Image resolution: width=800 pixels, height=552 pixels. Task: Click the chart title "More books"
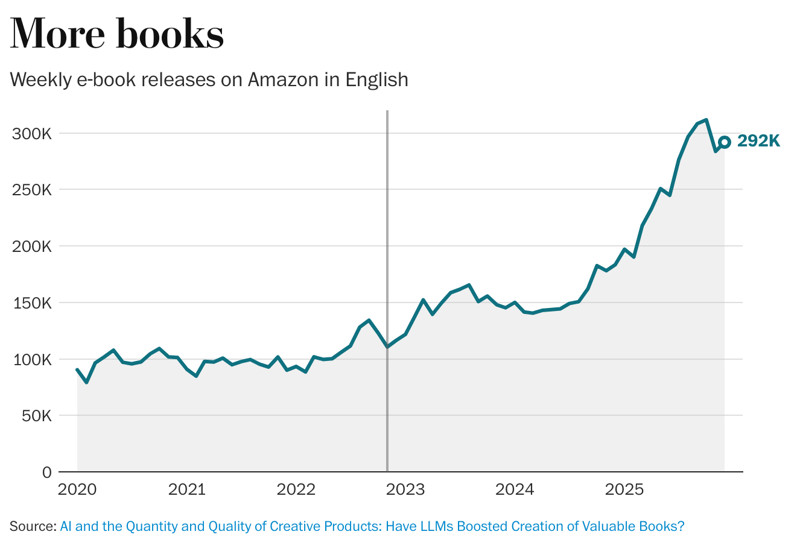tap(117, 33)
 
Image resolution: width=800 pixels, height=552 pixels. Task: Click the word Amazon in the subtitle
tap(283, 80)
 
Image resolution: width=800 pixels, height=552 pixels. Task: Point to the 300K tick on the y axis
tap(32, 134)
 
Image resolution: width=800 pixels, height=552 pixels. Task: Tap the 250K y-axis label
tap(32, 190)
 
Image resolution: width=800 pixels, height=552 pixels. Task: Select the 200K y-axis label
tap(32, 246)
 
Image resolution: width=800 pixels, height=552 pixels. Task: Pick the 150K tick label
tap(33, 303)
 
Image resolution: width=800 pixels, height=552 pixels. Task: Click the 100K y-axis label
tap(33, 360)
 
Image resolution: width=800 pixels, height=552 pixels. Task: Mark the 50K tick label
tap(37, 416)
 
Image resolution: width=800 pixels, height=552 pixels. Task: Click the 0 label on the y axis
tap(47, 472)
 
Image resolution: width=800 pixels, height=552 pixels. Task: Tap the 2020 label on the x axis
tap(77, 489)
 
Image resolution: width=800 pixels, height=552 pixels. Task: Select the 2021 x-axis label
tap(187, 489)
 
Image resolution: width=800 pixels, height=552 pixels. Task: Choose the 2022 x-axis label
tap(296, 489)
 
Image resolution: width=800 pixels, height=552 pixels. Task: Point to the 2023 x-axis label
tap(405, 489)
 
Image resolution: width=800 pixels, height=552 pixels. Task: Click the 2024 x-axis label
tap(515, 489)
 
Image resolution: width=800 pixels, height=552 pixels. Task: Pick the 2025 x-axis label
tap(624, 489)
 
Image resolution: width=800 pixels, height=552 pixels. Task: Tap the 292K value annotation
tap(758, 141)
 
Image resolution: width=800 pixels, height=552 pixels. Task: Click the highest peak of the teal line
tap(706, 120)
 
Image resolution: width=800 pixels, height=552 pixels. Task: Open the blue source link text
tap(372, 526)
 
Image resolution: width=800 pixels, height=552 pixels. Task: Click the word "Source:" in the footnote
tap(33, 526)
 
